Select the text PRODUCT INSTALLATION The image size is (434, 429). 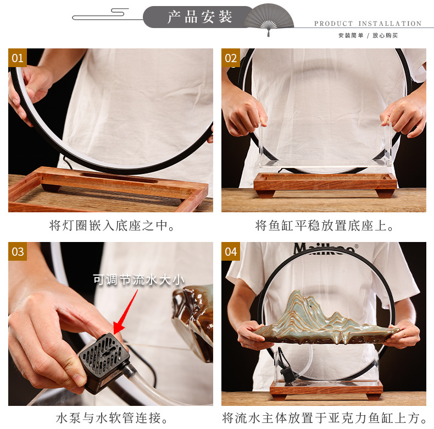point(368,24)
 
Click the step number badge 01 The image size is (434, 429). point(18,58)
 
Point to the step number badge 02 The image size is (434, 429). point(231,58)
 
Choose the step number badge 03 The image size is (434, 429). point(18,251)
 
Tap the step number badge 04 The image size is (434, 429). point(231,251)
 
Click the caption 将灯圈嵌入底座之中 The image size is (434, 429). point(110,226)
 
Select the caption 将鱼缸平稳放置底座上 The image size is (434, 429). point(324,226)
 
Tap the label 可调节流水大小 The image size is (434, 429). point(138,279)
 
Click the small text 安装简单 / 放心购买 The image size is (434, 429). point(368,36)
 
